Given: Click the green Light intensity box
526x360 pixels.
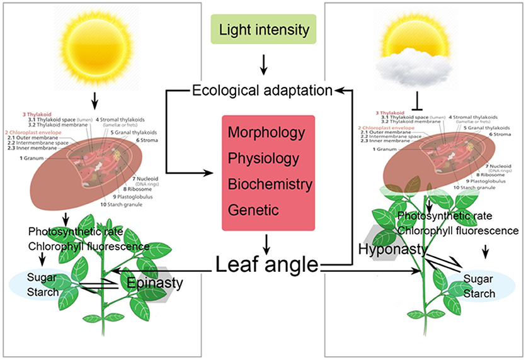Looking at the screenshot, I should point(263,30).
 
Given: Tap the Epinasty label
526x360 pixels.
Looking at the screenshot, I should point(156,283).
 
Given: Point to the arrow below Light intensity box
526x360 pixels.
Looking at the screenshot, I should point(263,64).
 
